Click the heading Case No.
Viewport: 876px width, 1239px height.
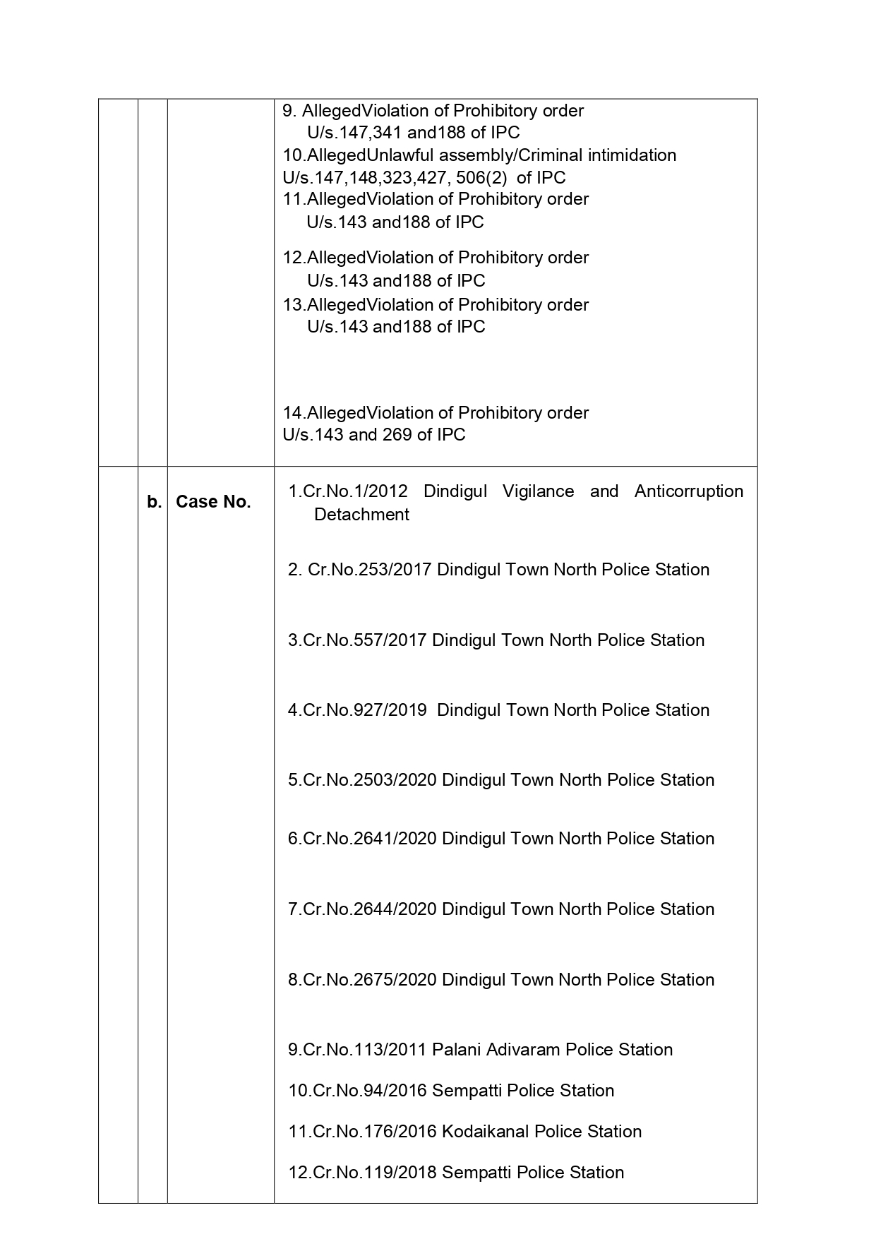[x=213, y=502]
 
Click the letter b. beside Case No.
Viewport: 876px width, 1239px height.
[x=154, y=502]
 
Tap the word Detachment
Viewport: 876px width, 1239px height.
[x=361, y=515]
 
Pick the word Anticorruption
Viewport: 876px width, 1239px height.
[x=688, y=491]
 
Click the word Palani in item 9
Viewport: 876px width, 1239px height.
[x=455, y=1050]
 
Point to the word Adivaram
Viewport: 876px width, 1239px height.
[x=518, y=1050]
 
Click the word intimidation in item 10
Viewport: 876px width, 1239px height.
[x=632, y=155]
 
